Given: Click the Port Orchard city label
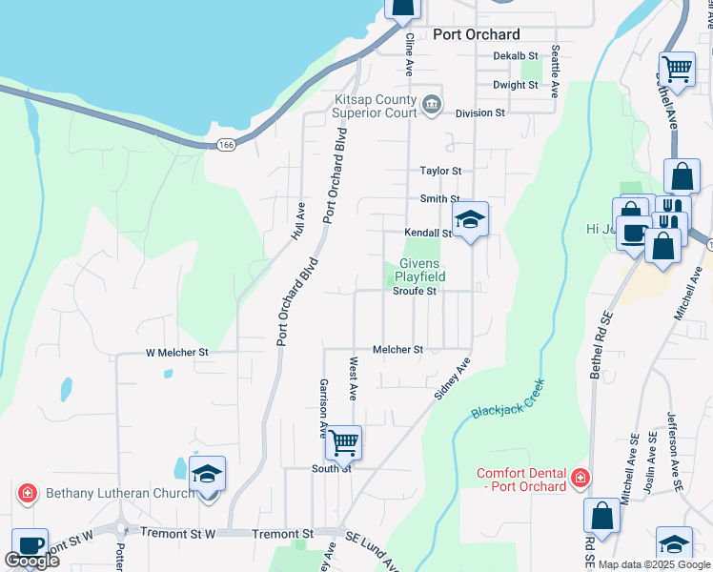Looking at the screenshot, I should (x=476, y=34).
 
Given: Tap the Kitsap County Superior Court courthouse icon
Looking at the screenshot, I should (x=432, y=103).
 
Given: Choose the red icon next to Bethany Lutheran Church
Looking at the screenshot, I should (x=27, y=494).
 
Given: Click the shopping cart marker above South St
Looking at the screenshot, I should (x=343, y=442).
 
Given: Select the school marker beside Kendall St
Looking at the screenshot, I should (x=469, y=220).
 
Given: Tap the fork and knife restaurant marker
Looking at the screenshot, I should (x=673, y=213).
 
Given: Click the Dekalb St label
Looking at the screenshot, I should (x=516, y=56).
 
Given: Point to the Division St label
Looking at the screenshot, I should (x=479, y=112).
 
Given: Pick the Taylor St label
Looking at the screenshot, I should (x=440, y=171).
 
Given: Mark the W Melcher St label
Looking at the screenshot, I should (x=176, y=352).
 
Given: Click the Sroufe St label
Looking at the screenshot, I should (x=414, y=292).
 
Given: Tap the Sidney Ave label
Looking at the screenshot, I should (x=456, y=379).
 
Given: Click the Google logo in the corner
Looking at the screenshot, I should (x=31, y=561).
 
